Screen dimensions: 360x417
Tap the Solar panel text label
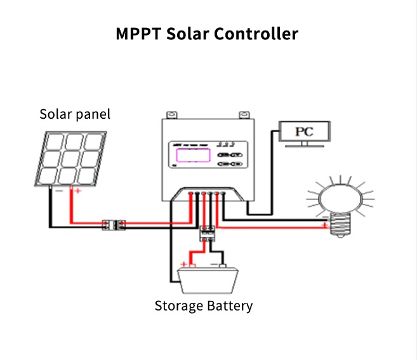click(75, 114)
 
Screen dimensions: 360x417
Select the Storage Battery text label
click(204, 306)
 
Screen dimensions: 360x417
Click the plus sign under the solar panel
click(78, 190)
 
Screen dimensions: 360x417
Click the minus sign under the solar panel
click(58, 190)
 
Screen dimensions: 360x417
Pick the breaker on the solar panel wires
click(114, 224)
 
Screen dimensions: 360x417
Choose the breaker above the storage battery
click(207, 232)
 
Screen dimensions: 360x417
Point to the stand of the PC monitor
click(304, 145)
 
